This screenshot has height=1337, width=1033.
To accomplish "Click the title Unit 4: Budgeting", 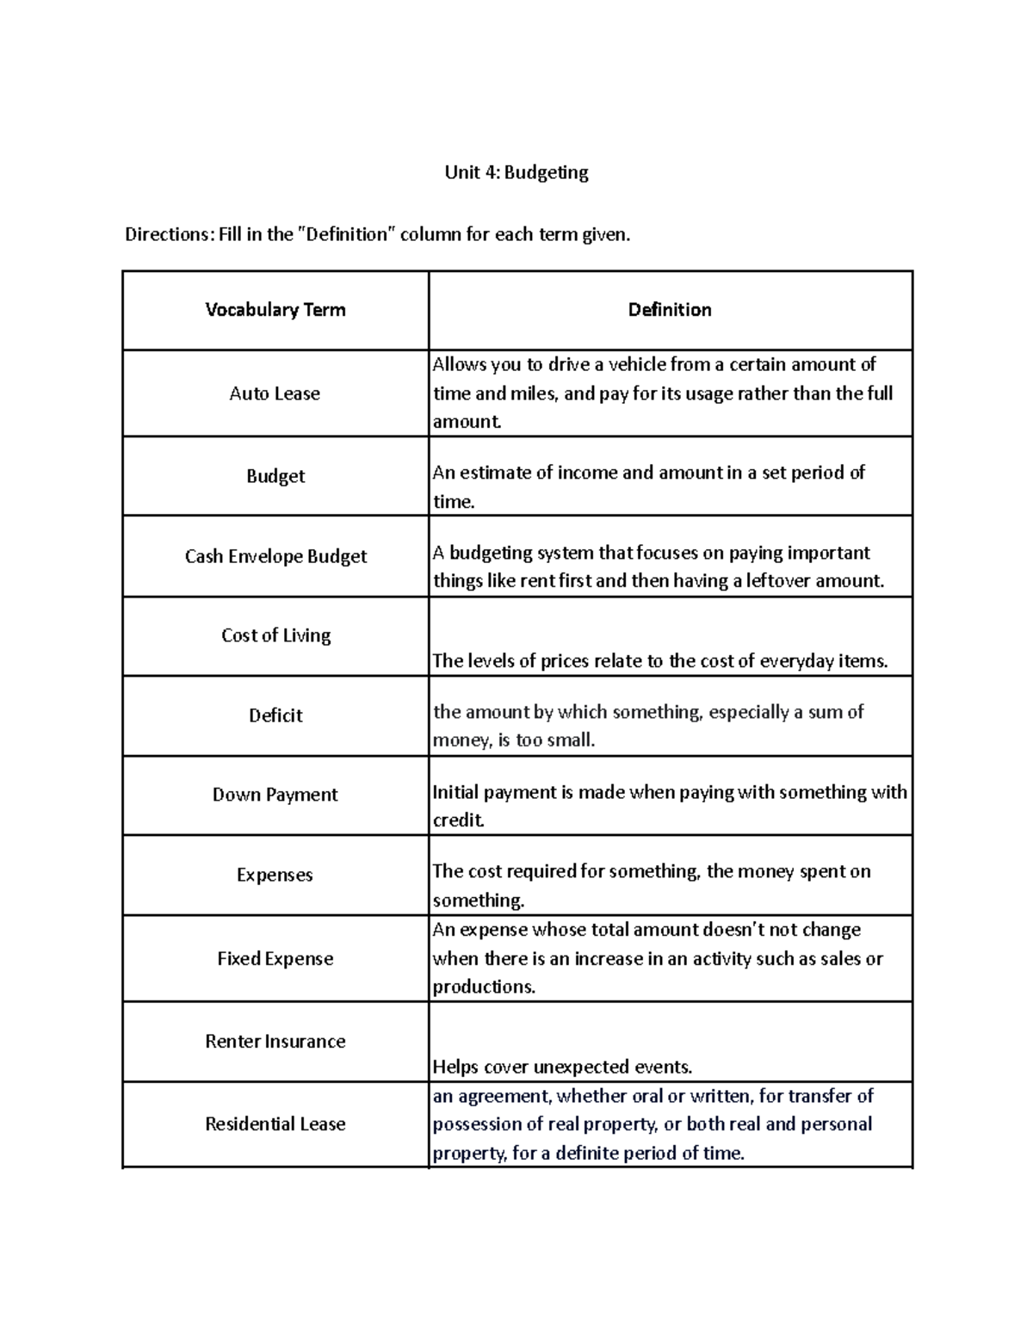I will pos(516,172).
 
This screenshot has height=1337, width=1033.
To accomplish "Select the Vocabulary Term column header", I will pos(275,310).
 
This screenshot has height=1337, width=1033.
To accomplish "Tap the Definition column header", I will pos(670,310).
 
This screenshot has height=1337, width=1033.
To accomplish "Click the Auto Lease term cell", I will pos(275,393).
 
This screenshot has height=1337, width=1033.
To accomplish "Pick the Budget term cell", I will pos(275,476).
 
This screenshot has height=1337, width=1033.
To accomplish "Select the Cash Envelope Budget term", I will pos(275,556).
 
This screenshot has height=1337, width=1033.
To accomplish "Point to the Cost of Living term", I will pos(275,635).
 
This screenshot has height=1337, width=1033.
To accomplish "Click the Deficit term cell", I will pos(275,715).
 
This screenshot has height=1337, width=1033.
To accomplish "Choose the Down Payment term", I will pos(275,795).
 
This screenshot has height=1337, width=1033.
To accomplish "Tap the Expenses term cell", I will pos(275,875).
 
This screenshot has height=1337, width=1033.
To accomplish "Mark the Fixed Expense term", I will pos(275,958).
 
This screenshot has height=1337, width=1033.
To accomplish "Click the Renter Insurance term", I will pos(275,1041).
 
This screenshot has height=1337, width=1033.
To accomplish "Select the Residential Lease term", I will pos(275,1123).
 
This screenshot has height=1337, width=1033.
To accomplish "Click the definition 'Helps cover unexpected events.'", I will pos(562,1067).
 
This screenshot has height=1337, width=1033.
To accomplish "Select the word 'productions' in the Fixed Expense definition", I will pos(482,987).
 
